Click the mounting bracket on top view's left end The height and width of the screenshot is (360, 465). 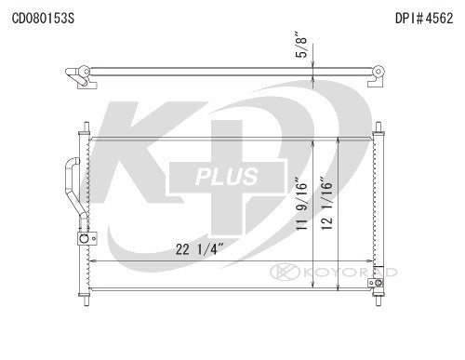click(x=83, y=79)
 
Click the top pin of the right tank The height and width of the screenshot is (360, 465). click(x=378, y=125)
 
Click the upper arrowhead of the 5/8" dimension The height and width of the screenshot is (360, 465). click(x=316, y=63)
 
